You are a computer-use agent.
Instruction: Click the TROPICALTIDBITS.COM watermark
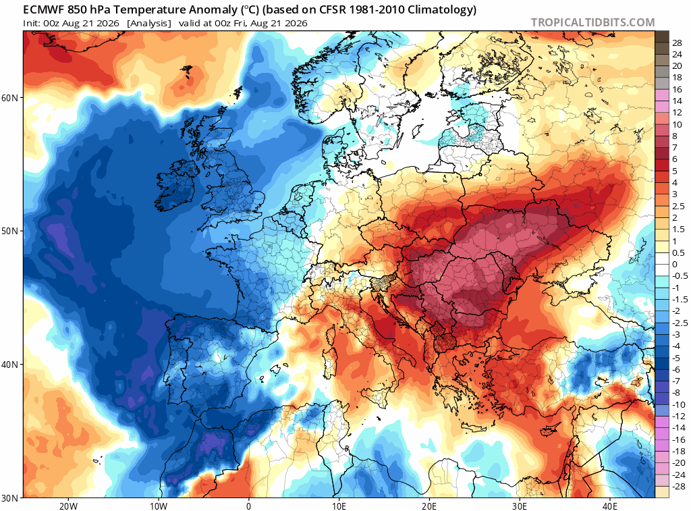pyautogui.click(x=592, y=22)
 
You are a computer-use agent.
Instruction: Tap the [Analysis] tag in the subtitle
pyautogui.click(x=149, y=24)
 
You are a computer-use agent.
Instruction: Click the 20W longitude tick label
pyautogui.click(x=68, y=506)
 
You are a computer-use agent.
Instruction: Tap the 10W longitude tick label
pyautogui.click(x=159, y=506)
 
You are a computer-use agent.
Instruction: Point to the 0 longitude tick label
pyautogui.click(x=249, y=506)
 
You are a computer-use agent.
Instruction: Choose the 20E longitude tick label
pyautogui.click(x=429, y=506)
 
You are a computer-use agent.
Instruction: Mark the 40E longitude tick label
pyautogui.click(x=610, y=506)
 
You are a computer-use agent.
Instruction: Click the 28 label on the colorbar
pyautogui.click(x=677, y=43)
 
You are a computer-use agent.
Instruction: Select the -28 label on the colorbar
pyautogui.click(x=679, y=487)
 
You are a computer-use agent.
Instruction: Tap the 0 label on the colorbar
pyautogui.click(x=675, y=265)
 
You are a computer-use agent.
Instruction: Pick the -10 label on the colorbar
pyautogui.click(x=679, y=405)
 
